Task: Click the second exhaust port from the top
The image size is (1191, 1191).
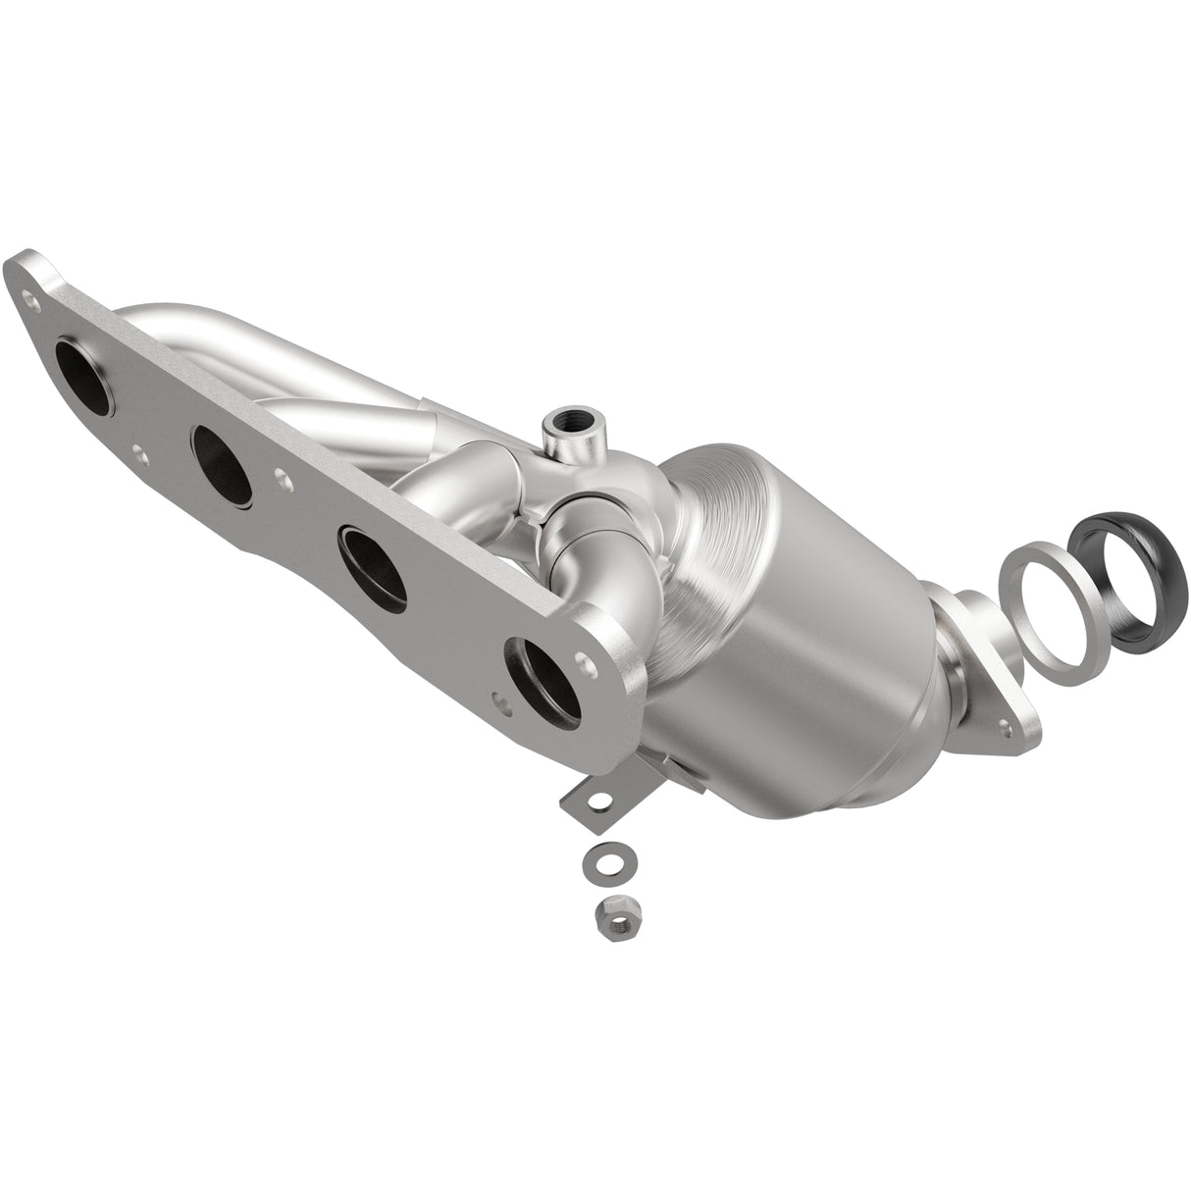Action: coord(223,458)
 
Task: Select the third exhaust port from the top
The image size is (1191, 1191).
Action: coord(374,564)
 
